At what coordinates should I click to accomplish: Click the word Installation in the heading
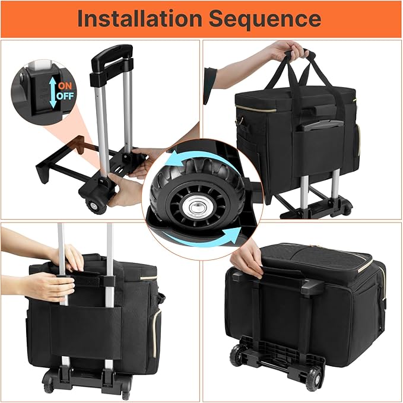pos(140,18)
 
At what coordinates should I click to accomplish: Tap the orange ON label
pos(65,86)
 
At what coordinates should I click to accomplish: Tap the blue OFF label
pos(65,96)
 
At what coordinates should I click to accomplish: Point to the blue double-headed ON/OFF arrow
pos(53,93)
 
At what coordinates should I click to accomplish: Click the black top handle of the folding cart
pos(112,56)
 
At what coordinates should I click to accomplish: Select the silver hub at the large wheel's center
pos(197,207)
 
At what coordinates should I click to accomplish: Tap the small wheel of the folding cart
pos(96,207)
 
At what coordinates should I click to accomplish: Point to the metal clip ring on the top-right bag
pos(240,120)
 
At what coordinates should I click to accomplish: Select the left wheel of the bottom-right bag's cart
pos(237,355)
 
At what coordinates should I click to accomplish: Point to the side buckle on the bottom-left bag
pos(161,297)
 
